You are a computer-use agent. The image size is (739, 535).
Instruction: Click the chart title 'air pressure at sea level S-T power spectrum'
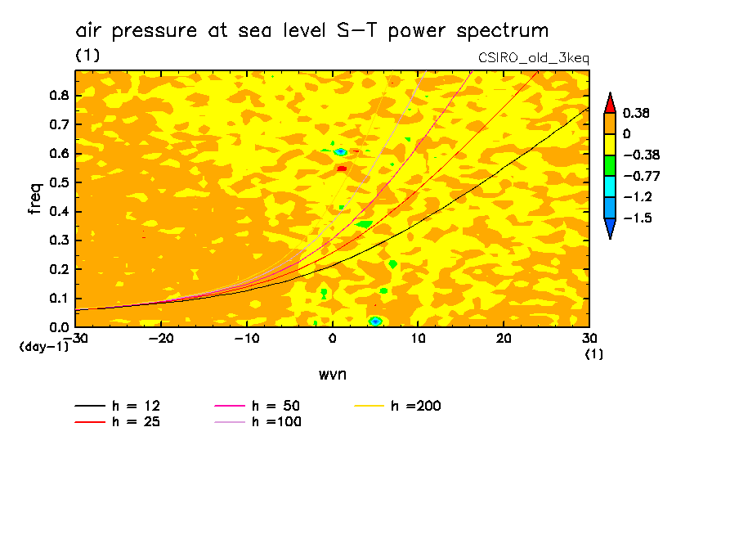point(311,31)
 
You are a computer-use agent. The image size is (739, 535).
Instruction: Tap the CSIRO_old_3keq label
point(533,58)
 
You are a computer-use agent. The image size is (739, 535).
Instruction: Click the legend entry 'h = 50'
point(275,406)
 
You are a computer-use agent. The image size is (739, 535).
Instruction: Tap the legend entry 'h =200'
point(415,406)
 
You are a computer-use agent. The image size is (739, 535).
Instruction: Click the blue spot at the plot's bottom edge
point(375,321)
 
